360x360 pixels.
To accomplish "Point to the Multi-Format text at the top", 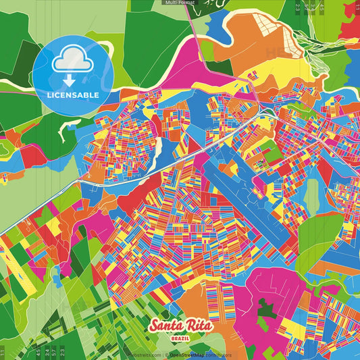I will [x=179, y=3].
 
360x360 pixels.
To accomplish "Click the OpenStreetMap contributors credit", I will [x=200, y=355].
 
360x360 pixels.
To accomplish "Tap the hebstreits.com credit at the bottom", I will [x=145, y=355].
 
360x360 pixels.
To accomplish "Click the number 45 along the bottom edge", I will [x=38, y=352].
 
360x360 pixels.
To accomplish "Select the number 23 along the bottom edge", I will [x=62, y=352].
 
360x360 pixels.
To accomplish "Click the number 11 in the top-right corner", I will [x=356, y=7].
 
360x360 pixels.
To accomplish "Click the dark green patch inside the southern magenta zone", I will [x=267, y=311].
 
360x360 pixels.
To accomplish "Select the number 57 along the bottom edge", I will [x=54, y=352].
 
